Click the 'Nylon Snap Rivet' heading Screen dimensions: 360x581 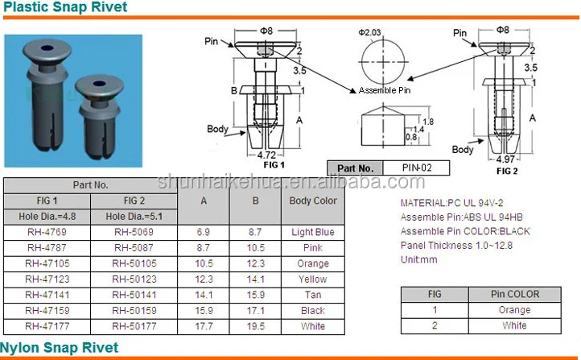60,348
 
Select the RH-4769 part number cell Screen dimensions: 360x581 49,232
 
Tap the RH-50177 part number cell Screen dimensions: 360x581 134,326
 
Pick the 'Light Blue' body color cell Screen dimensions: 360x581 312,232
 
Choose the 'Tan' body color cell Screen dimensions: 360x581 312,295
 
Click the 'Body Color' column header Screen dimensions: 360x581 312,201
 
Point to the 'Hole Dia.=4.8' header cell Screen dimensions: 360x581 49,216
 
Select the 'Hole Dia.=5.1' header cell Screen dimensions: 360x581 134,216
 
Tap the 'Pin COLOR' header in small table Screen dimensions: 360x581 514,294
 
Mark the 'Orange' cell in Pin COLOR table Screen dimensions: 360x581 514,310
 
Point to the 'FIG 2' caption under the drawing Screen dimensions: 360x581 507,171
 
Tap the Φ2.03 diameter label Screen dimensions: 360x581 372,32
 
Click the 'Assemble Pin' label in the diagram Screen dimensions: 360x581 384,90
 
